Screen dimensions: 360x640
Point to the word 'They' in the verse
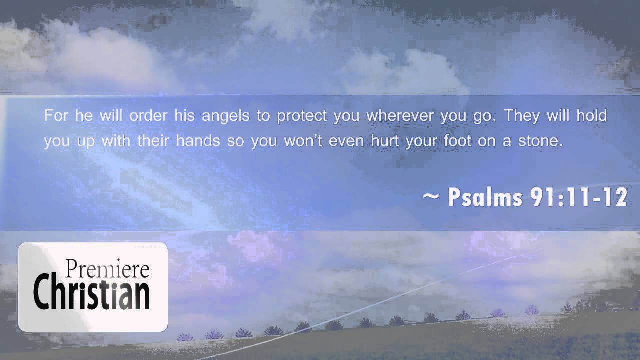(x=522, y=116)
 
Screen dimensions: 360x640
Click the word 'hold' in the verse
(x=591, y=116)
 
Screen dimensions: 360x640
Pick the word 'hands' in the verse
(x=198, y=141)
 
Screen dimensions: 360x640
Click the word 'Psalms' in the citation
(x=484, y=198)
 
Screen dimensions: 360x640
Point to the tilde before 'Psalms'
(x=431, y=197)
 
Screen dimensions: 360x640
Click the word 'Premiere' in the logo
(x=107, y=270)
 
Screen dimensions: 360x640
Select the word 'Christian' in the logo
(x=92, y=293)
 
